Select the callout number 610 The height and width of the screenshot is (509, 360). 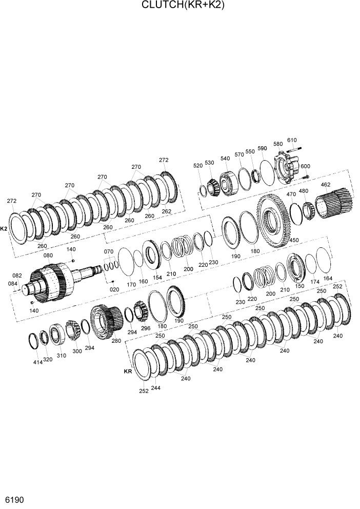[292, 140]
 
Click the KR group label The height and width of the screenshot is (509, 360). [128, 371]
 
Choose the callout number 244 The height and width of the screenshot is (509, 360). [155, 388]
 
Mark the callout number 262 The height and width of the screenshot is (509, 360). [166, 211]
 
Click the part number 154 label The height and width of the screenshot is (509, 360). [157, 277]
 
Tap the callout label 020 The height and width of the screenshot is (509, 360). [114, 289]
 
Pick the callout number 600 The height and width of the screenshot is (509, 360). [305, 166]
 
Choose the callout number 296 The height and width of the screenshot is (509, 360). [146, 328]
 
